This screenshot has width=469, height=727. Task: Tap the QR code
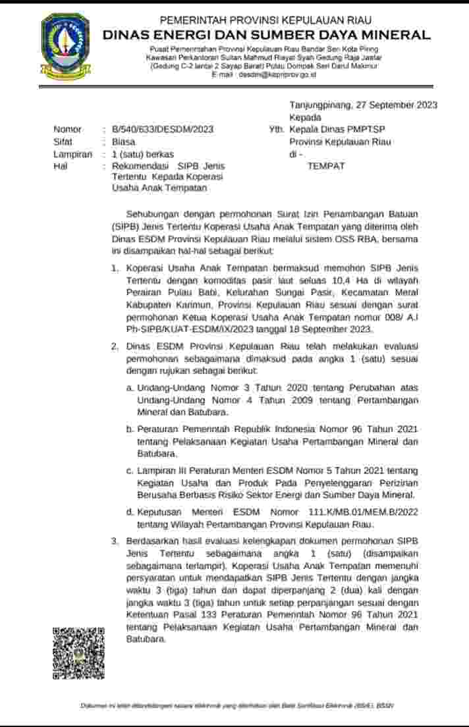click(x=78, y=653)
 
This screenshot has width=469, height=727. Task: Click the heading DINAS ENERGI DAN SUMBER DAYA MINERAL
click(x=267, y=35)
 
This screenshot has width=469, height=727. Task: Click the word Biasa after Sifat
click(x=123, y=142)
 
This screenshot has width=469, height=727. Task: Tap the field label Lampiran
click(x=72, y=154)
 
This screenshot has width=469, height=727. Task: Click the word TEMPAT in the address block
click(x=326, y=166)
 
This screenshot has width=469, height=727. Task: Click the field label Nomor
click(x=68, y=130)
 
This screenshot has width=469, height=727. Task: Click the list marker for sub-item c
click(x=130, y=471)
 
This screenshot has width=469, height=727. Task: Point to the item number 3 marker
click(x=115, y=541)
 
